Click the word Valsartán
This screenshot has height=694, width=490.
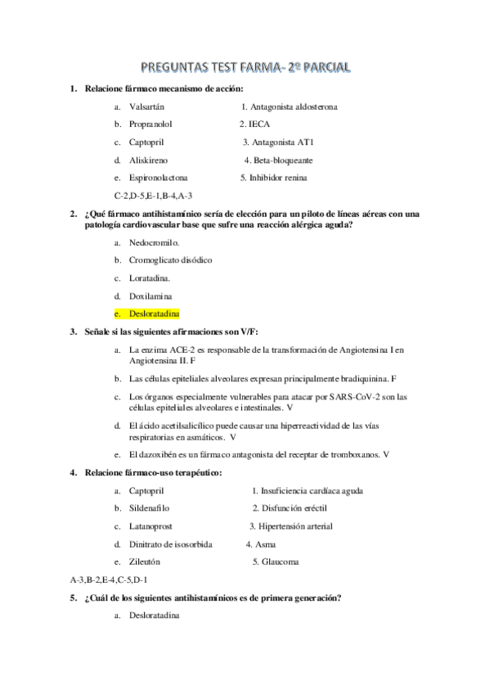click(x=146, y=106)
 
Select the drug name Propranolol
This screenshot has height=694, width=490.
click(x=151, y=124)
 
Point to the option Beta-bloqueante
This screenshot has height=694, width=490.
click(x=283, y=160)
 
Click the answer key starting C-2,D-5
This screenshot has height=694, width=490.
click(x=154, y=196)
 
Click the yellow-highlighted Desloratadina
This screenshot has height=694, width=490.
click(x=154, y=313)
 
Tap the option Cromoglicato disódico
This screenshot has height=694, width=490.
click(x=170, y=260)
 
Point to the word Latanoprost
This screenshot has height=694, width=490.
click(x=151, y=526)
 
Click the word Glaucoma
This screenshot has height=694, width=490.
click(x=280, y=561)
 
